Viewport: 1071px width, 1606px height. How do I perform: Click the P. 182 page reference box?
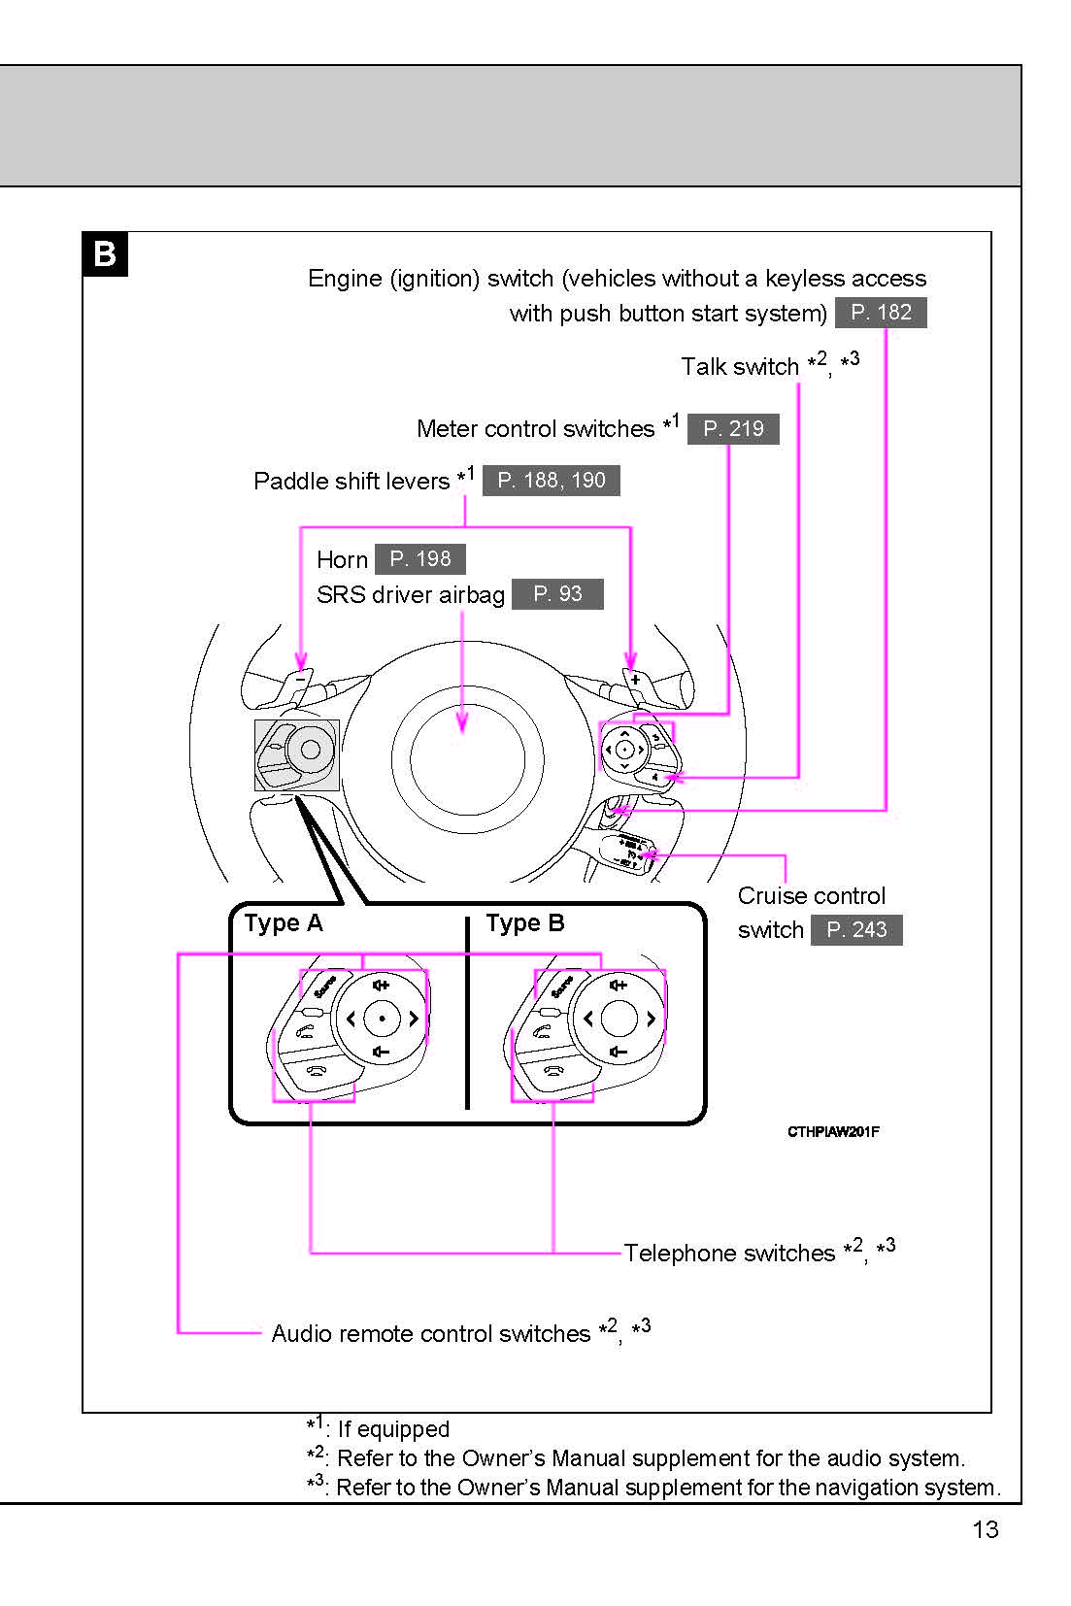point(881,313)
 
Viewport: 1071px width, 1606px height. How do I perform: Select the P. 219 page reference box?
point(733,429)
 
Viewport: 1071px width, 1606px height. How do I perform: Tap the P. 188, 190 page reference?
point(551,481)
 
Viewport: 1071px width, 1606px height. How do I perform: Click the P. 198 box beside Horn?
point(419,559)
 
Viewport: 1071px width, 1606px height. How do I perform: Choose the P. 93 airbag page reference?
point(557,594)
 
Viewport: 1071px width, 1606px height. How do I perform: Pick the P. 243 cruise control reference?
point(856,930)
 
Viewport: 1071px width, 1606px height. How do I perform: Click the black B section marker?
point(105,254)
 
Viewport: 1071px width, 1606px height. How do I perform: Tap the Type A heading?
point(284,923)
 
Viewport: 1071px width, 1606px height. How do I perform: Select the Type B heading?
point(525,923)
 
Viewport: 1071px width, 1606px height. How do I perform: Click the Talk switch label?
point(740,367)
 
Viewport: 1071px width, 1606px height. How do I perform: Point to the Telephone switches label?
point(729,1254)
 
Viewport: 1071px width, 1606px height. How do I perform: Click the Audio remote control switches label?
point(430,1334)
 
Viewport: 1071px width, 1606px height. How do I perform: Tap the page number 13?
point(985,1530)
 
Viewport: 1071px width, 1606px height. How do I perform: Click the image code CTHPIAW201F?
point(833,1132)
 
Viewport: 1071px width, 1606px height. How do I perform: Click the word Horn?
point(342,560)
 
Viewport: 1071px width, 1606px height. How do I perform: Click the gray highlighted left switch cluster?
point(296,754)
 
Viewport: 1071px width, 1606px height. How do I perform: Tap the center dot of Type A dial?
point(383,1019)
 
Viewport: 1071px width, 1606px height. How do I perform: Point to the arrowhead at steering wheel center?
point(462,722)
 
